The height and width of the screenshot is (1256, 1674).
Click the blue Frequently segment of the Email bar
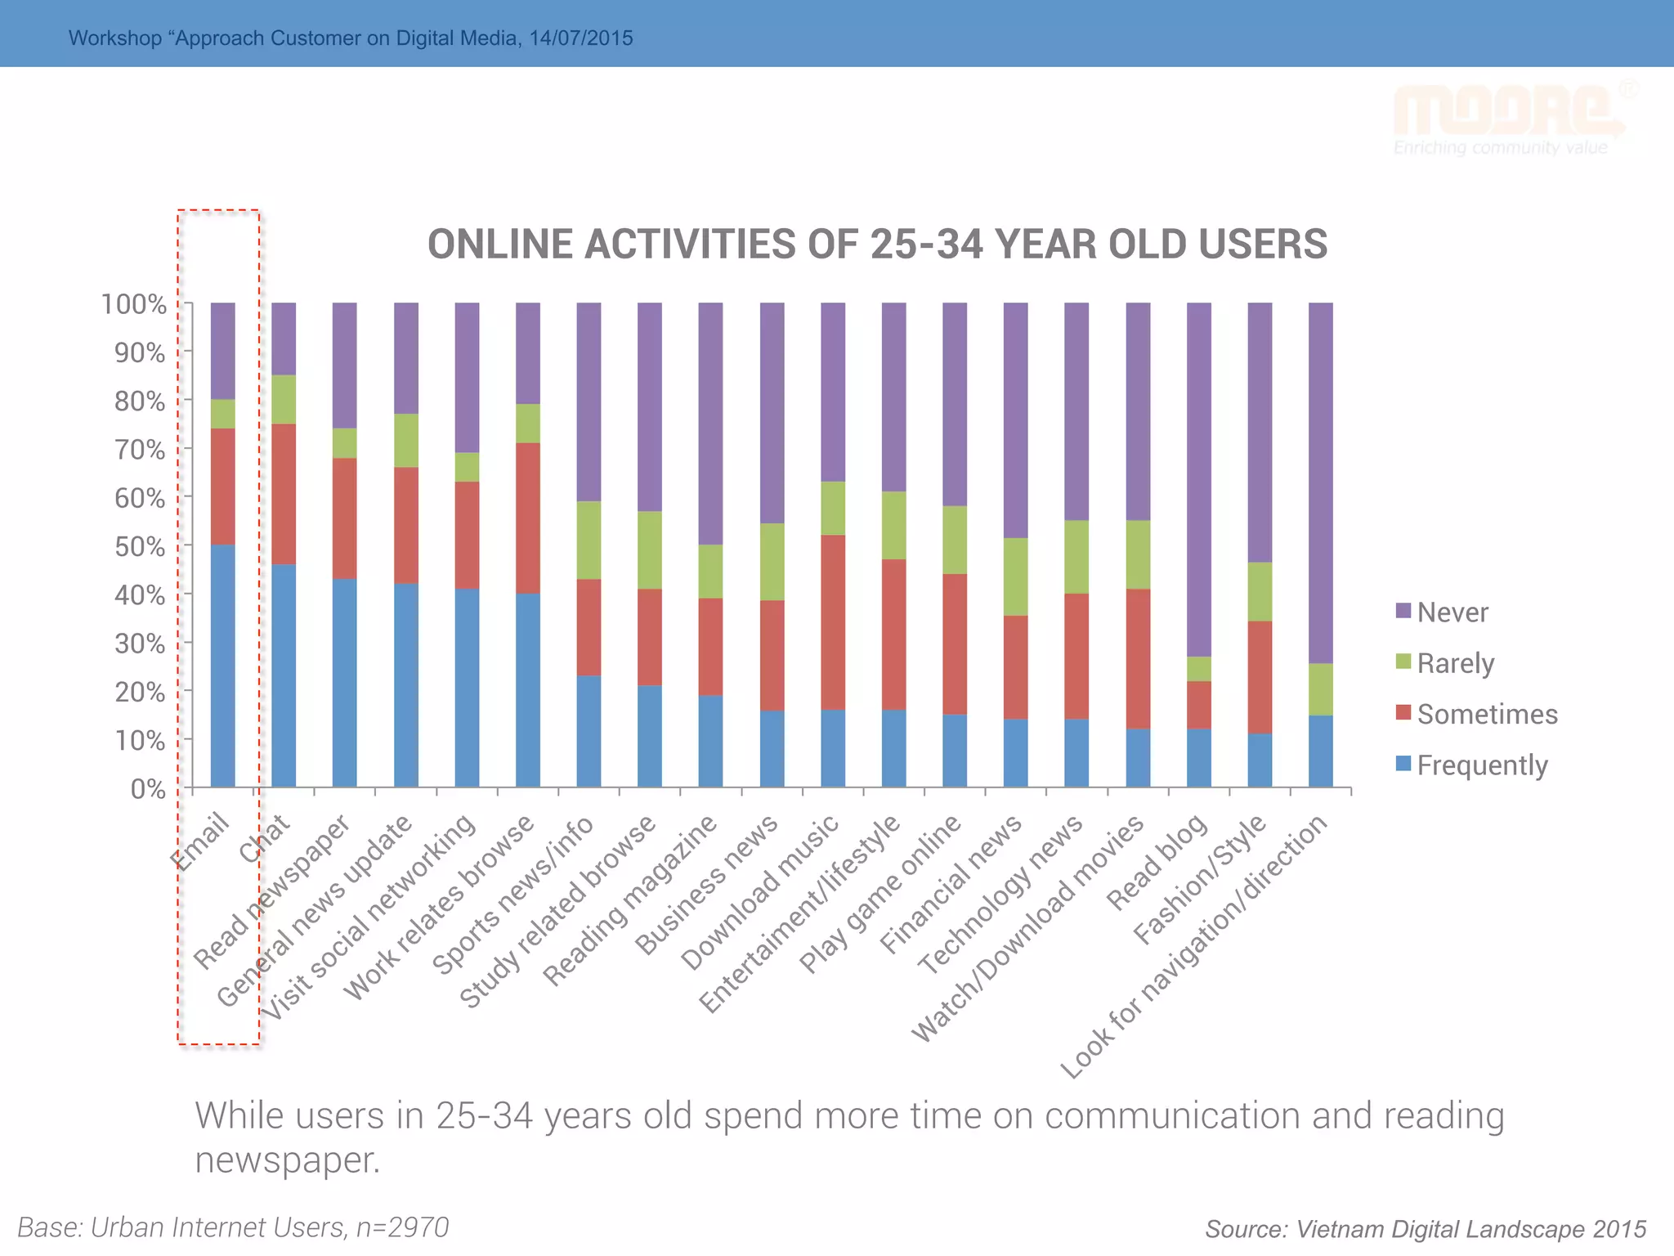[x=222, y=666]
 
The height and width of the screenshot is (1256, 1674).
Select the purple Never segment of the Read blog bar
[x=1198, y=479]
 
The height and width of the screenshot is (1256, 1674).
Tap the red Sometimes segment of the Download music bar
[x=833, y=621]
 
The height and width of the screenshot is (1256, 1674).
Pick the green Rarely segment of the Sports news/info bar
[x=589, y=540]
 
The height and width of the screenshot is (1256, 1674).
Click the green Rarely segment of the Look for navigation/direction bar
[x=1320, y=689]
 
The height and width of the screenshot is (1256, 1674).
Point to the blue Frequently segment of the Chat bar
[x=284, y=675]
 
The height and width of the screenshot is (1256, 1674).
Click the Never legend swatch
[x=1403, y=611]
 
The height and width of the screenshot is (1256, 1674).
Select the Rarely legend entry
[x=1455, y=663]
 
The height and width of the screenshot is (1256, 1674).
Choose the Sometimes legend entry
[x=1487, y=714]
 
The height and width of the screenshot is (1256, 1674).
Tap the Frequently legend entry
[x=1481, y=765]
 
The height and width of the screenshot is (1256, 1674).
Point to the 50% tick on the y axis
[x=187, y=545]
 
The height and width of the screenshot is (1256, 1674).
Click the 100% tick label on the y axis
[x=134, y=305]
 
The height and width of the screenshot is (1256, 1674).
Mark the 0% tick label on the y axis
[x=148, y=789]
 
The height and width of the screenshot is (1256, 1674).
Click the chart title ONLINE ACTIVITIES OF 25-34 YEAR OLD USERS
[x=877, y=244]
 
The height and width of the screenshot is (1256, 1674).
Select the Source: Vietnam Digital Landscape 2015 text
[x=1426, y=1229]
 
